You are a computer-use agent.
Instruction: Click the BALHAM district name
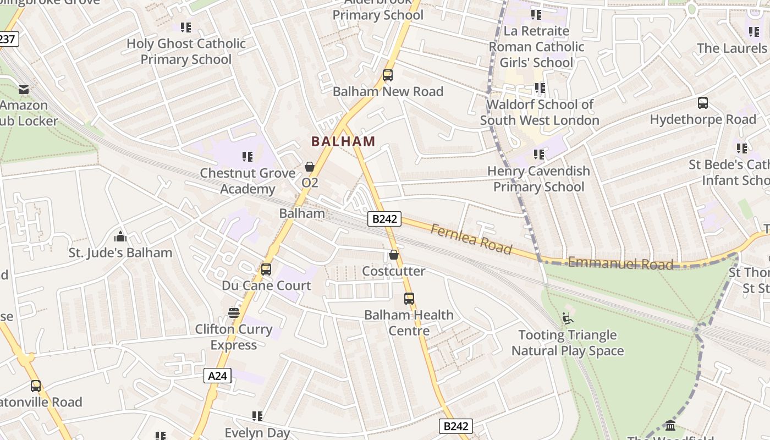(343, 141)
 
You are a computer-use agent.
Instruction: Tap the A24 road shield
(218, 376)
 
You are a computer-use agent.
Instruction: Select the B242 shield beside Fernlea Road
(384, 219)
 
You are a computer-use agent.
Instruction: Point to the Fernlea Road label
(471, 239)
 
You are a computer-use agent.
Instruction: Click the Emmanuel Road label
(620, 263)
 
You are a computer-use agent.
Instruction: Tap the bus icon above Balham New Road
(388, 75)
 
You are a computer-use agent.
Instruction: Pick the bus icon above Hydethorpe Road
(702, 103)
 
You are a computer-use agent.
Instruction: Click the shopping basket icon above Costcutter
(394, 255)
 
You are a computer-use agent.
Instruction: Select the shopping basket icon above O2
(310, 166)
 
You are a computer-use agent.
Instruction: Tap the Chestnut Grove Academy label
(248, 181)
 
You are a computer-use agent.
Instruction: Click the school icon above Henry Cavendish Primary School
(539, 155)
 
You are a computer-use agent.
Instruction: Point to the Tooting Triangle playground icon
(568, 318)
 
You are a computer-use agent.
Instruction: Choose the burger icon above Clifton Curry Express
(234, 313)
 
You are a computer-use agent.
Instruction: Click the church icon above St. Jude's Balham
(120, 237)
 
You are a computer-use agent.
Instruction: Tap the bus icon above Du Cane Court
(266, 269)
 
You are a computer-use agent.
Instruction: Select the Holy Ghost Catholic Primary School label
(186, 51)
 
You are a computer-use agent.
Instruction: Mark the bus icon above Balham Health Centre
(409, 299)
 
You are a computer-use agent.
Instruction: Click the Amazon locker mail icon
(24, 89)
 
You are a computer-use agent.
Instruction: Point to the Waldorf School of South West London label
(540, 112)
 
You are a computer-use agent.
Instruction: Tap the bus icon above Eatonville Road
(36, 386)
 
